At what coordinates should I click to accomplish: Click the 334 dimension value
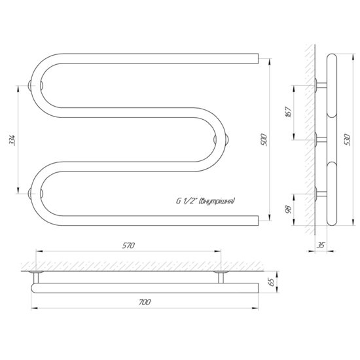pos(12,140)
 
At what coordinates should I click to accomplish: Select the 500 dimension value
pos(264,139)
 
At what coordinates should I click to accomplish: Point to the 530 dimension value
pos(348,139)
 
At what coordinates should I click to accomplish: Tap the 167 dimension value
pos(289,113)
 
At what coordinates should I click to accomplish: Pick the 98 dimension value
pos(289,209)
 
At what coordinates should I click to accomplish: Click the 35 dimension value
pos(321,245)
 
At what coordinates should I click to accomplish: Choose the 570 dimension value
pos(128,245)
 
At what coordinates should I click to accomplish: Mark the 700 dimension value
pos(145,302)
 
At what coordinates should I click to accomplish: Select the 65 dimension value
pos(272,282)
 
